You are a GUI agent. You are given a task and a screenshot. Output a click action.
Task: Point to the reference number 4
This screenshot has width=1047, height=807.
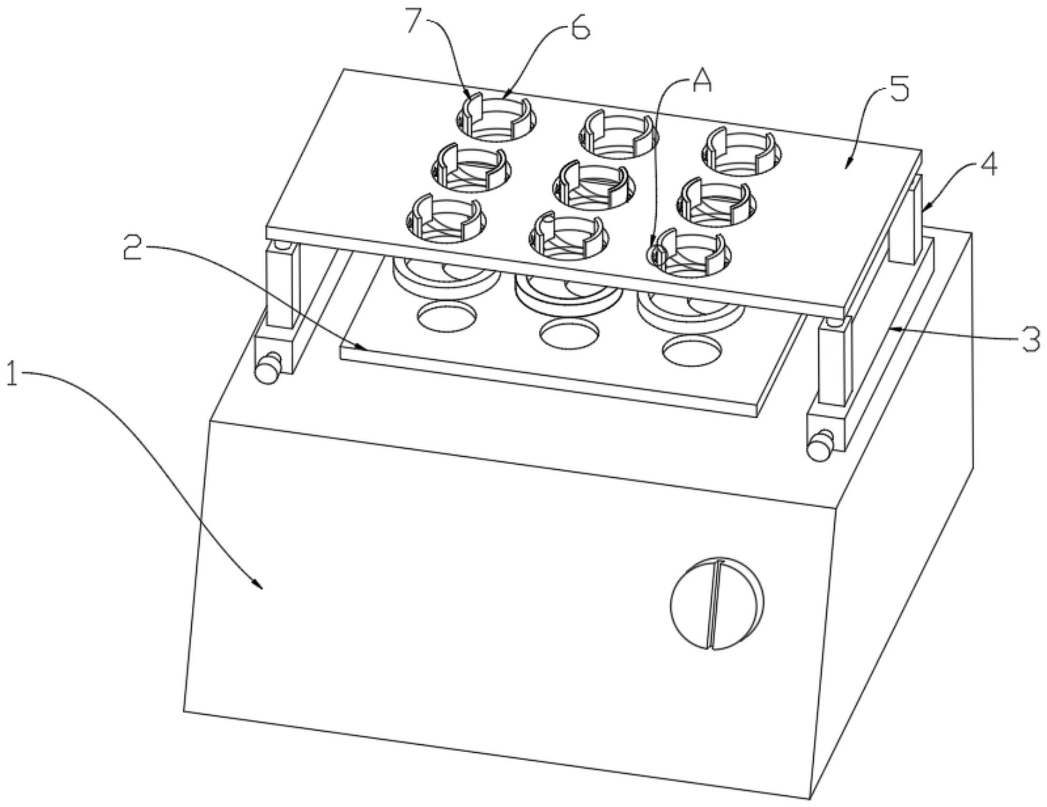(x=989, y=166)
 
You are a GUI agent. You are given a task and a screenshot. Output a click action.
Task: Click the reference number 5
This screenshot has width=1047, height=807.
(x=899, y=91)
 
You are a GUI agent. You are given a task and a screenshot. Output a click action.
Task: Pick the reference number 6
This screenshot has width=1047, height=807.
(x=580, y=29)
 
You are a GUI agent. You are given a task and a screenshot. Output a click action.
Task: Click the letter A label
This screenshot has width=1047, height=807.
(x=701, y=82)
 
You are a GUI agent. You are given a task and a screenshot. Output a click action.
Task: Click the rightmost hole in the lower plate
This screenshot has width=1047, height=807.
(x=692, y=350)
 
